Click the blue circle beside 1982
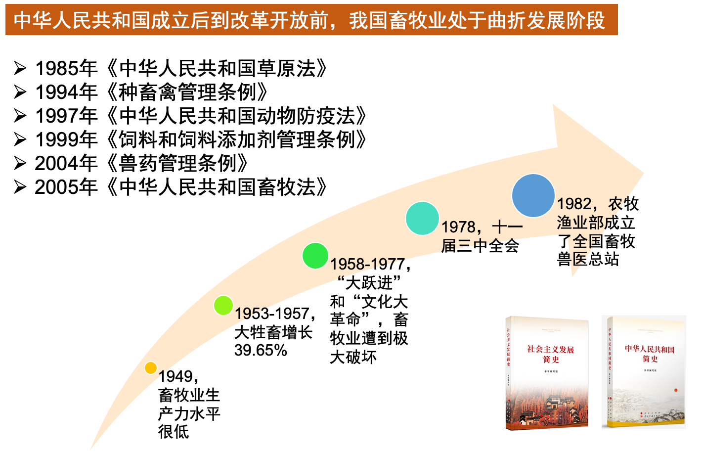533,195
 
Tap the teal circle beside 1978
422,218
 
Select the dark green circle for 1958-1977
315,256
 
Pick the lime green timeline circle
223,305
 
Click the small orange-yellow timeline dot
151,368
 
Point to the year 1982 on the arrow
574,204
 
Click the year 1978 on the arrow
458,227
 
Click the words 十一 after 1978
508,227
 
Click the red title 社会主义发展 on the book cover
550,350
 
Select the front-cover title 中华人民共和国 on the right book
650,349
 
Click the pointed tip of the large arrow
643,173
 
